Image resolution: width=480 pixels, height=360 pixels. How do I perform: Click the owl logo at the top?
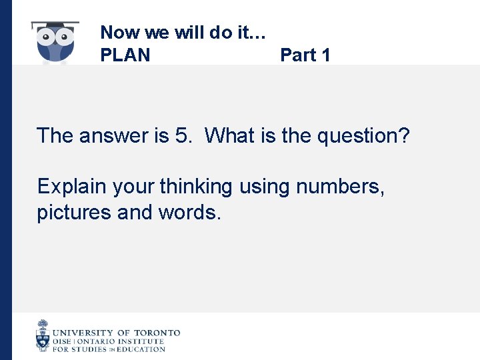coord(55,44)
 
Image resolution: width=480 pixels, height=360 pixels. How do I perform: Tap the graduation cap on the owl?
coord(55,26)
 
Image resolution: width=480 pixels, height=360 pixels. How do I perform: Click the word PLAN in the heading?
coord(125,55)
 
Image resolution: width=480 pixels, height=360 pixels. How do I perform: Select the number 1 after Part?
coord(325,55)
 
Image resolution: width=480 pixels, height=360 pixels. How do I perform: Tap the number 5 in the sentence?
coord(181,136)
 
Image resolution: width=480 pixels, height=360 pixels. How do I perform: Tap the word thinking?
coord(195,187)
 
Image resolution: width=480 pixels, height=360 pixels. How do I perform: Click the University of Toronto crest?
coord(43,335)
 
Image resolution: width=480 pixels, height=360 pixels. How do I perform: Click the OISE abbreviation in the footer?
coord(62,341)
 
